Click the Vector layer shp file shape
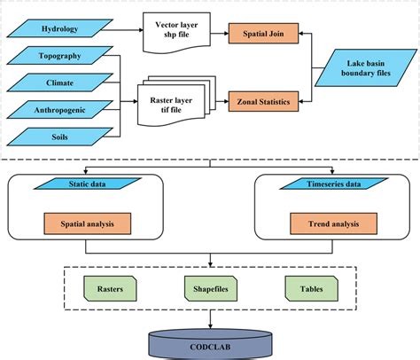pyautogui.click(x=175, y=33)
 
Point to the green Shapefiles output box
pyautogui.click(x=210, y=287)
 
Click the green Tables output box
pyautogui.click(x=311, y=287)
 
